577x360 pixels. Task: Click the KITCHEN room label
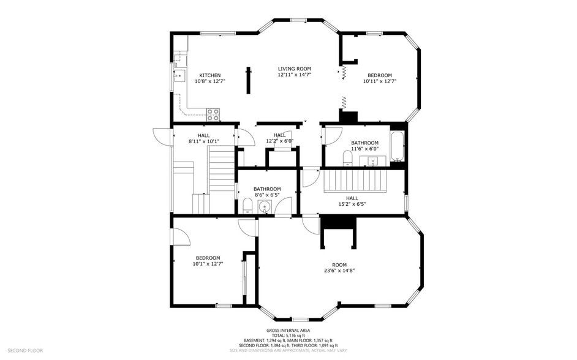[x=209, y=75]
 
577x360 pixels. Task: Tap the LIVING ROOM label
[x=294, y=69]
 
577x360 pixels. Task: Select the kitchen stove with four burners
[x=213, y=113]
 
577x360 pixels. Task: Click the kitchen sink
[x=179, y=77]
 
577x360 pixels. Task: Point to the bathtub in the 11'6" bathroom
[x=398, y=147]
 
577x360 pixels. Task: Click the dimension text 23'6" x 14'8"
[x=339, y=271]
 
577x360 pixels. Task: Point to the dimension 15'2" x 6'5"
[x=352, y=204]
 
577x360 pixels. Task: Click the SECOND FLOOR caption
[x=26, y=351]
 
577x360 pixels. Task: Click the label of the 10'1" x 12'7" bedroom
[x=208, y=258]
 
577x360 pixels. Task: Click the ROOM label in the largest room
[x=339, y=264]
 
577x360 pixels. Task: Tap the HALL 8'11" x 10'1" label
[x=203, y=135]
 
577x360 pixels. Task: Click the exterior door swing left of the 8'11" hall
[x=162, y=137]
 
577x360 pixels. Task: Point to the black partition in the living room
[x=249, y=80]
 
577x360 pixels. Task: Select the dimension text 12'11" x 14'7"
[x=294, y=75]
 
